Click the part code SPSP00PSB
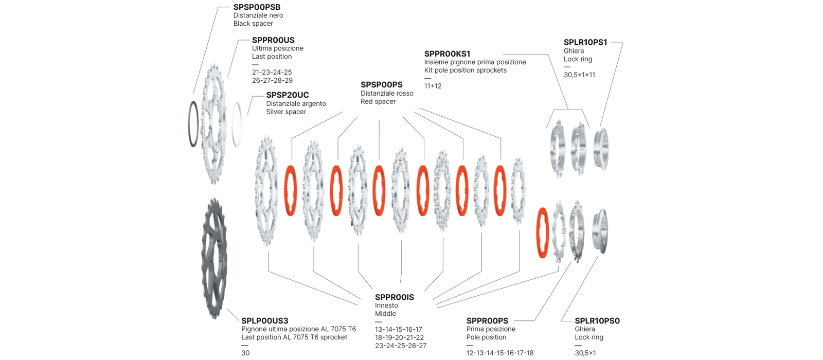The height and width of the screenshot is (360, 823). point(257,7)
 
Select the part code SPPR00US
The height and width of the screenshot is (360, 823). point(273,40)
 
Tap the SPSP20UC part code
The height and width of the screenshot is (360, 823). point(288,95)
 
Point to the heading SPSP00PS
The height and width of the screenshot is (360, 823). point(382,85)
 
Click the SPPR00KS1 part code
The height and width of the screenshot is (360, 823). point(447,54)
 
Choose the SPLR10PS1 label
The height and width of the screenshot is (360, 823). point(585,43)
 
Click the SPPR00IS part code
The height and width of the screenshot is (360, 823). point(395,297)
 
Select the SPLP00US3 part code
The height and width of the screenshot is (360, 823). point(265,321)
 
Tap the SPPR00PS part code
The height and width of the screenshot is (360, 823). point(487,321)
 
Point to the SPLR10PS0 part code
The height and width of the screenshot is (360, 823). point(597,321)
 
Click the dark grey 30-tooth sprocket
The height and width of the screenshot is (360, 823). point(213,258)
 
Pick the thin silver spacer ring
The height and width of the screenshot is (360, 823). point(237,124)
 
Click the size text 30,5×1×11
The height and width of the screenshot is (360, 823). point(579,75)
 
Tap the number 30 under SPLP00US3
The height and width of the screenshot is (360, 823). point(245,353)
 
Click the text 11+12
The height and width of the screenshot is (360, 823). point(433,86)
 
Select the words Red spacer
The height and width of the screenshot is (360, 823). point(378,102)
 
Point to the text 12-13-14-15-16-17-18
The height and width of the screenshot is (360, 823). point(500,353)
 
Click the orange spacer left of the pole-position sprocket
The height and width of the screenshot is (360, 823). point(542,232)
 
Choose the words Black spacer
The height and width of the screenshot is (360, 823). point(253,24)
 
